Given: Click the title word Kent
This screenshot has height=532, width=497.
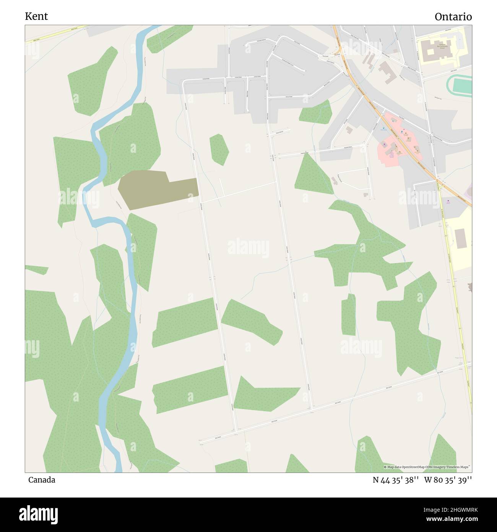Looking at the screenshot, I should [x=36, y=16].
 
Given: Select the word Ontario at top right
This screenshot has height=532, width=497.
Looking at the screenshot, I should [x=453, y=17].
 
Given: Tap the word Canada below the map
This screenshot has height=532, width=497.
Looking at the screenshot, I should [x=42, y=480].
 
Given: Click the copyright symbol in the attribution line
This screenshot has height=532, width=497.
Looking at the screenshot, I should [x=385, y=467].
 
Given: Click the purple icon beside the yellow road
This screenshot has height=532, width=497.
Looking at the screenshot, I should [x=448, y=202].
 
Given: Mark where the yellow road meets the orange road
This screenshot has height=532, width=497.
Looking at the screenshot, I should [x=439, y=183].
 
